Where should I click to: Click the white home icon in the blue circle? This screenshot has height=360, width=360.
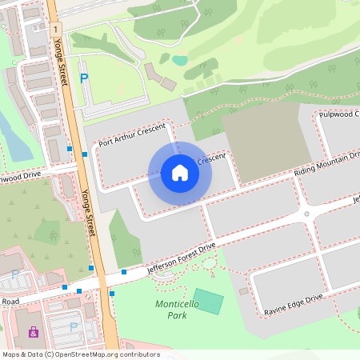click(x=180, y=172)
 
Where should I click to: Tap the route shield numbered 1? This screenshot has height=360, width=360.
click(x=56, y=29)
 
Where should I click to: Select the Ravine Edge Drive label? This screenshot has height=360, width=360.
click(x=294, y=306)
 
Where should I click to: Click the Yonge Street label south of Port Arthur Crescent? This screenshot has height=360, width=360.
click(x=88, y=213)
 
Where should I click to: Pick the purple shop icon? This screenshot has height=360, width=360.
click(x=34, y=331)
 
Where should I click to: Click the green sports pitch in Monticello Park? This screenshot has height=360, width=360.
click(x=209, y=302)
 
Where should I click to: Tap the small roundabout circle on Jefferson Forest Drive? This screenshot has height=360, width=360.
click(x=306, y=214)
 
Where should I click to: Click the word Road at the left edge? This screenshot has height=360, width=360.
click(x=10, y=302)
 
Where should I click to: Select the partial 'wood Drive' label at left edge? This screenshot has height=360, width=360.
click(x=20, y=175)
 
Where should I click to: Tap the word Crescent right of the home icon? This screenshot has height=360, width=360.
click(x=210, y=160)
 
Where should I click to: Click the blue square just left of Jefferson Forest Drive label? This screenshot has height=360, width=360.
click(x=124, y=273)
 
